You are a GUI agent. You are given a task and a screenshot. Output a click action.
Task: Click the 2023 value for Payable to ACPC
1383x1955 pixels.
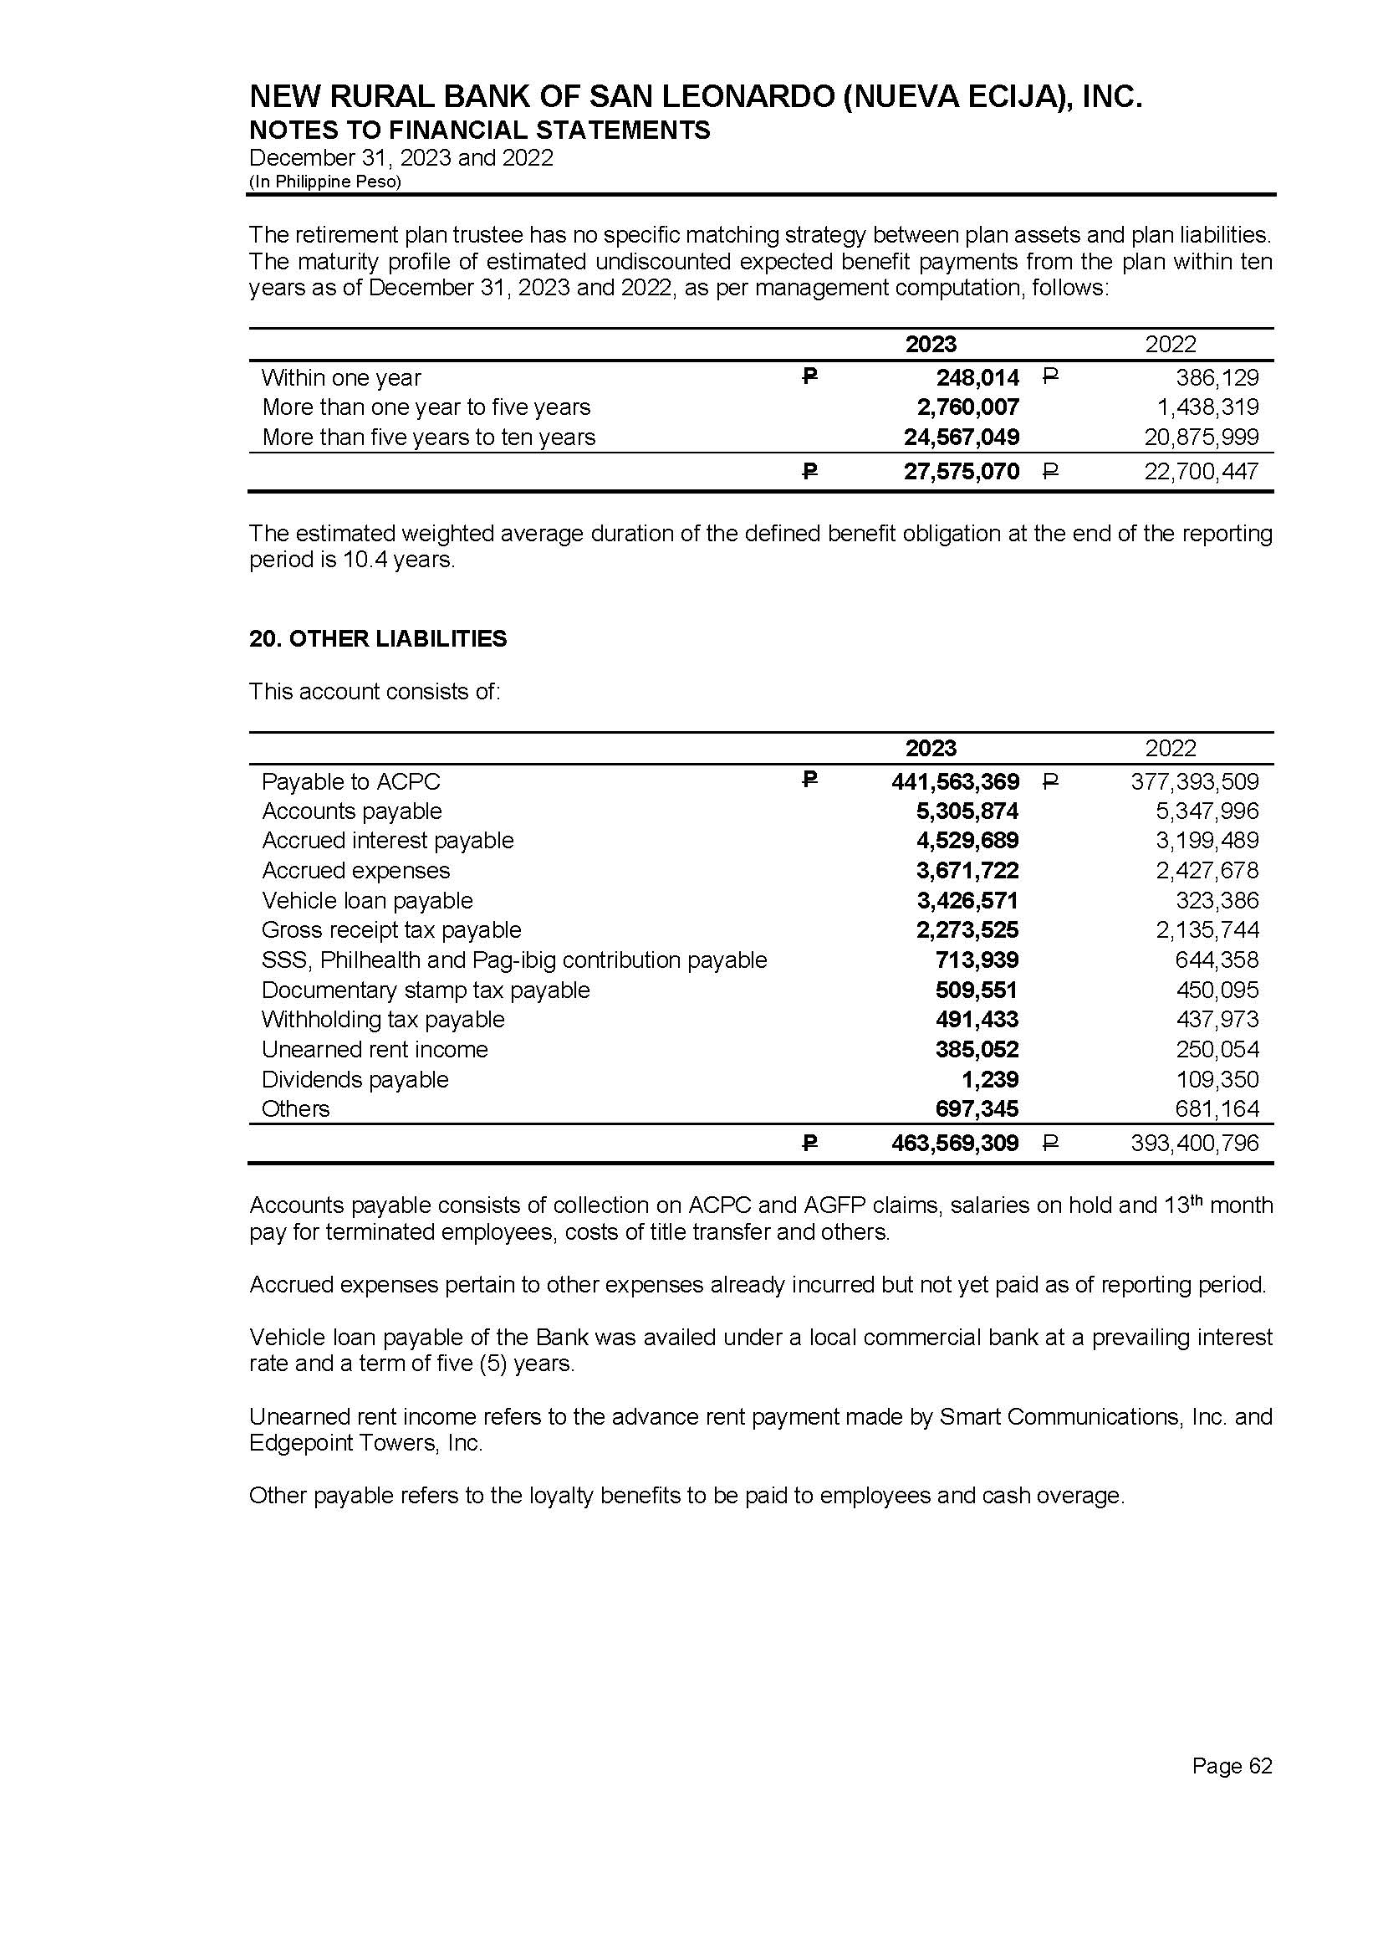coord(955,781)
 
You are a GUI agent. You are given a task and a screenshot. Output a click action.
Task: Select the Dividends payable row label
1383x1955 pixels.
coord(355,1079)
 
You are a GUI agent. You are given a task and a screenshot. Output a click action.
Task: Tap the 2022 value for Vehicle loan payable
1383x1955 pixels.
coord(1217,900)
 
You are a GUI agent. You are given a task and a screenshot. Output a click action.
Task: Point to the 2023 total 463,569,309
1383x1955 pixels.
coord(955,1144)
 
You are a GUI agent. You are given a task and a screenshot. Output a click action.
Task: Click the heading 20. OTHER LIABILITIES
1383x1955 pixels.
coord(377,639)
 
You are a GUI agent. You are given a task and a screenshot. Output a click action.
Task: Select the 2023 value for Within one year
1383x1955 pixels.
coord(977,377)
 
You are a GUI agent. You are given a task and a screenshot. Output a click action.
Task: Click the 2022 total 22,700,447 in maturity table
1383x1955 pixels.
coord(1201,471)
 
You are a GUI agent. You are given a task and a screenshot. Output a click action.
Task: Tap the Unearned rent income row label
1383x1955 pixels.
coord(375,1050)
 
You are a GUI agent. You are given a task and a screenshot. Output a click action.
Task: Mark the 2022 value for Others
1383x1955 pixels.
coord(1217,1109)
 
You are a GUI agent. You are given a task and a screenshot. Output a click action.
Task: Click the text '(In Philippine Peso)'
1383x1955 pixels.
coord(324,182)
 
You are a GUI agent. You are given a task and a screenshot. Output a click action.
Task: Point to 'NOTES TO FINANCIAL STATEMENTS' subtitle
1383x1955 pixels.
coord(479,131)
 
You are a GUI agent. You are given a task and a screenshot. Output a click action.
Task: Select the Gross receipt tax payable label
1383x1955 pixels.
coord(390,930)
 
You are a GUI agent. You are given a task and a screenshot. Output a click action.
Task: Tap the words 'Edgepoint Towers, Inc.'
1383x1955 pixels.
coord(365,1443)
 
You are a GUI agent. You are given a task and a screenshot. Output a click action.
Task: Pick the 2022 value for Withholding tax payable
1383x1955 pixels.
coord(1217,1020)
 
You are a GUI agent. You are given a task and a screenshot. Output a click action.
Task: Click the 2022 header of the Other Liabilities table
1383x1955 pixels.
coord(1170,748)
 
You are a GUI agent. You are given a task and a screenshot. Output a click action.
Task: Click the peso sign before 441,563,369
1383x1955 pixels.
coord(810,780)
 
